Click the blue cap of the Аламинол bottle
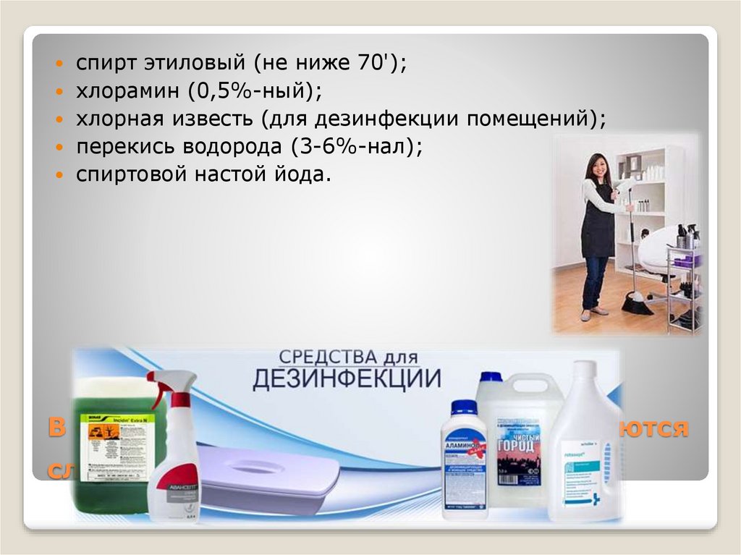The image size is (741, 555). [x=464, y=407]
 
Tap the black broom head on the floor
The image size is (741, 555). [x=637, y=304]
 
